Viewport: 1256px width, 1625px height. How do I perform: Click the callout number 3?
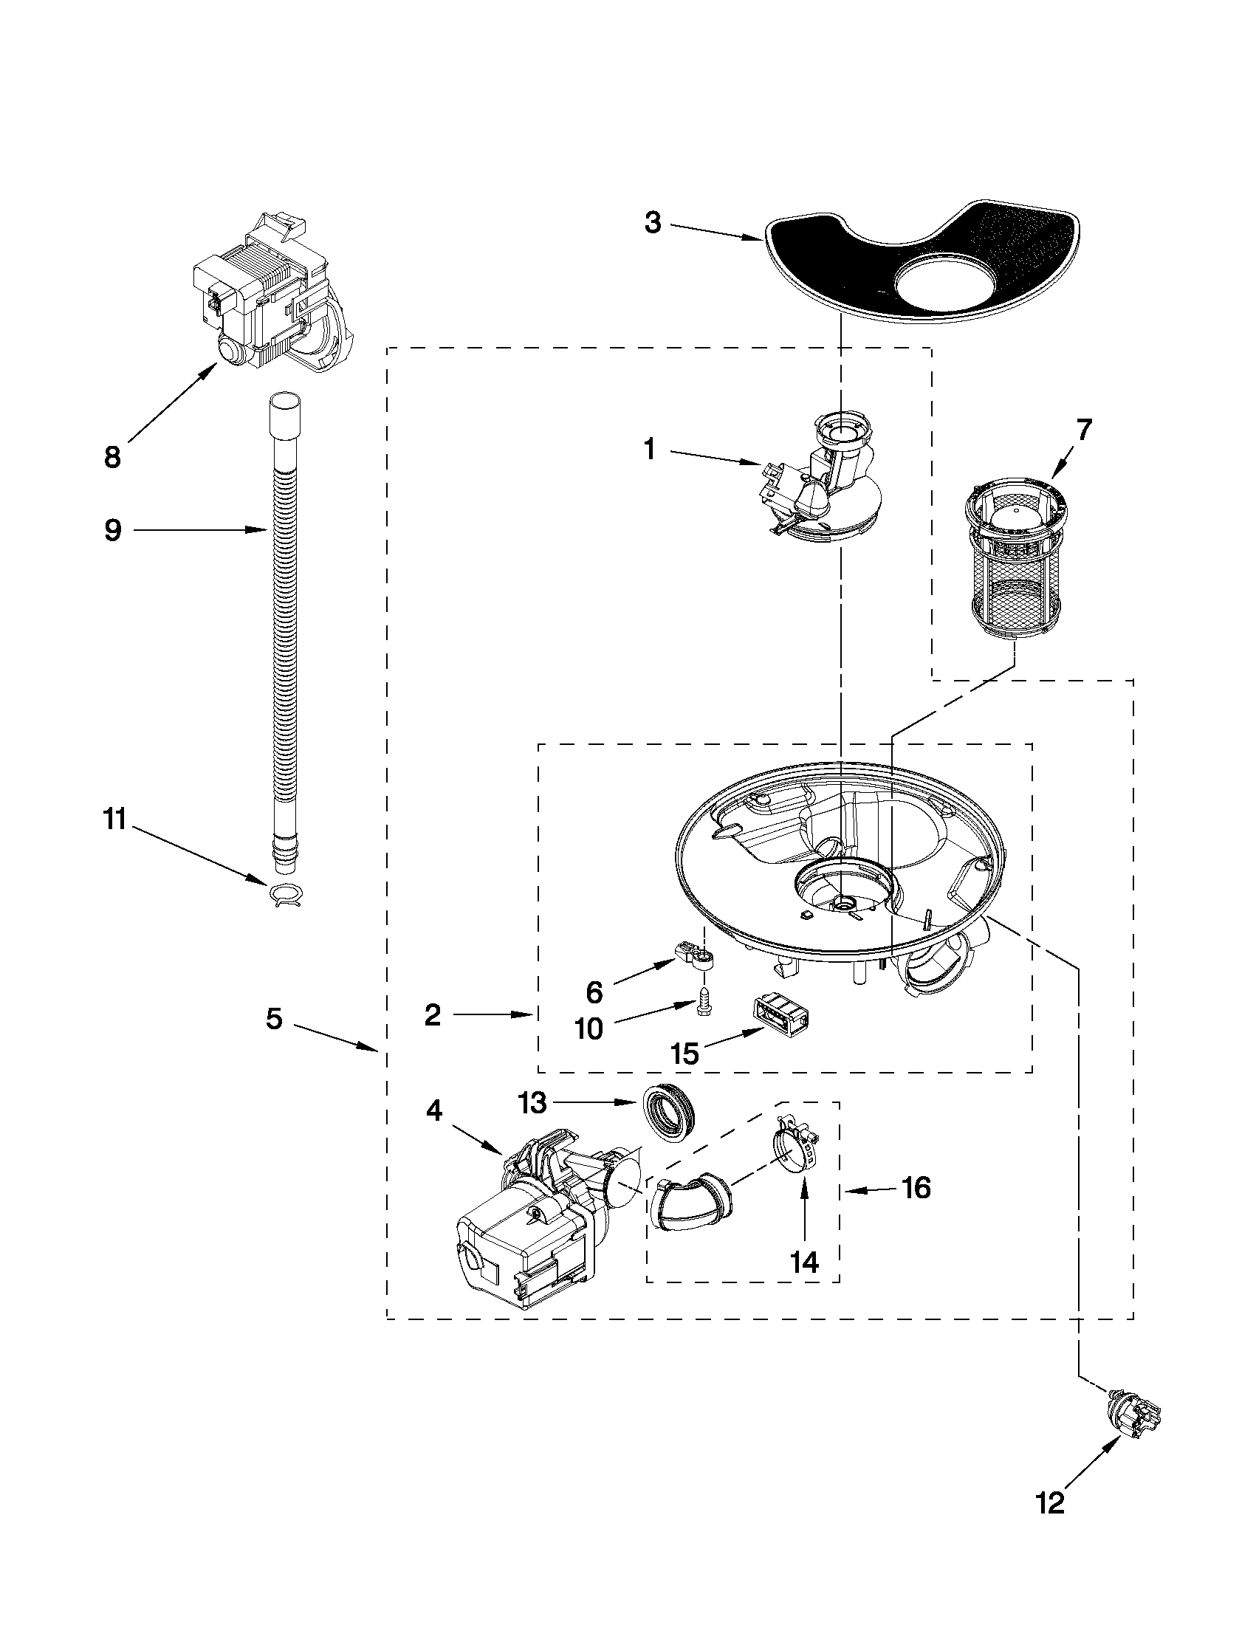(x=653, y=222)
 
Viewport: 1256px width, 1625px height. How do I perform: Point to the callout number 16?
(x=916, y=1188)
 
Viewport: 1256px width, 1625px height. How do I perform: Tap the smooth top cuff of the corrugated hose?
(x=285, y=413)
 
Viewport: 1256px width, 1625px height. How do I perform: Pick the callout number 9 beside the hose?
(x=112, y=531)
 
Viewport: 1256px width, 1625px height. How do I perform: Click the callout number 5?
(x=274, y=1019)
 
